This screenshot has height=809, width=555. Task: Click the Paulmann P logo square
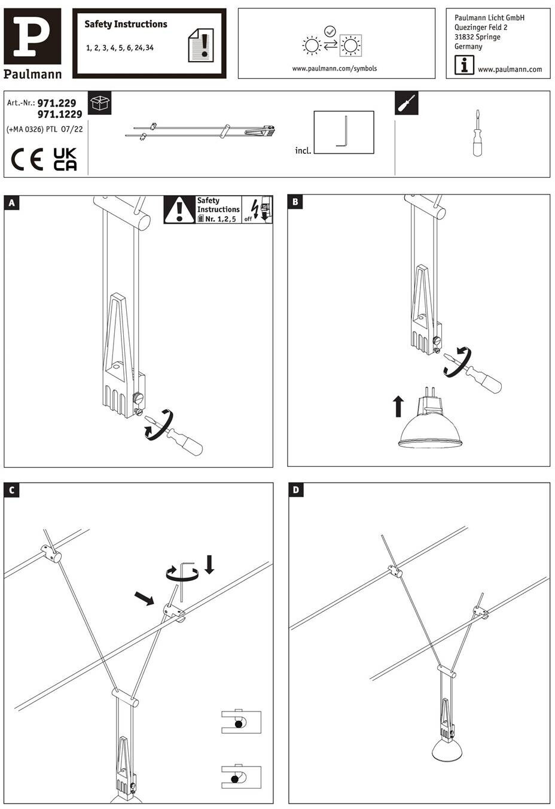click(x=32, y=36)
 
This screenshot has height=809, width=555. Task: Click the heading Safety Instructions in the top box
click(x=126, y=25)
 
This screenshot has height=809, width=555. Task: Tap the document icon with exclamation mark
click(x=201, y=45)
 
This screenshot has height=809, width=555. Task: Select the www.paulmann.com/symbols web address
click(x=334, y=69)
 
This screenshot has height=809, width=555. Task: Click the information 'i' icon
click(x=464, y=65)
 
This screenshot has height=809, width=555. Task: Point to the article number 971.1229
click(x=60, y=114)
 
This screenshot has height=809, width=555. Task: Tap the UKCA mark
click(x=65, y=159)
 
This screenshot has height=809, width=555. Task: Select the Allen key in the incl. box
click(x=343, y=132)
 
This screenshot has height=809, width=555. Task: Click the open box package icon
click(x=99, y=104)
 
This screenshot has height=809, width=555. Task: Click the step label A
click(x=11, y=203)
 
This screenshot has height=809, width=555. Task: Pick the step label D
click(x=296, y=491)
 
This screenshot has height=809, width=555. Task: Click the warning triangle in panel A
click(x=179, y=210)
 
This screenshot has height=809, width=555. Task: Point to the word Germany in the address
click(x=468, y=47)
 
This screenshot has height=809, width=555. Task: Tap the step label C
click(x=11, y=491)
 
